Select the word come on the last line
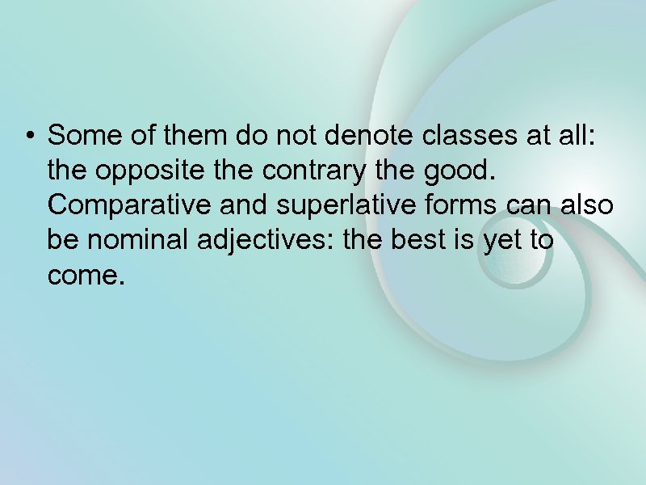pos(82,277)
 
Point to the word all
pos(579,135)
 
